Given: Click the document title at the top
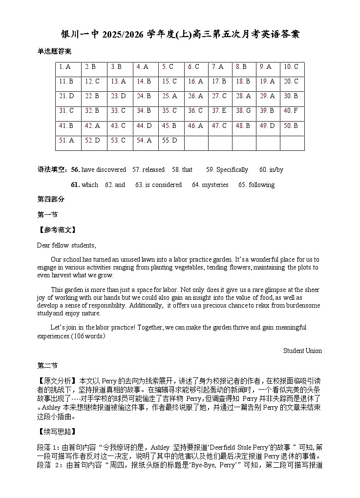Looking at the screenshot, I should pyautogui.click(x=180, y=34).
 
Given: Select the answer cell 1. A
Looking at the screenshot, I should pyautogui.click(x=65, y=67).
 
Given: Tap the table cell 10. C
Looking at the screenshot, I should pyautogui.click(x=291, y=67).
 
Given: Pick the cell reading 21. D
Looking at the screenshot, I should pyautogui.click(x=66, y=96).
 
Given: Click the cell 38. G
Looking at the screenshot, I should pyautogui.click(x=243, y=111).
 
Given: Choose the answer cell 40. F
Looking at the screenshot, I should pyautogui.click(x=291, y=111).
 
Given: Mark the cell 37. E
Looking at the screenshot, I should pyautogui.click(x=219, y=111).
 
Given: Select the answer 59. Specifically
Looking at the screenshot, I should pyautogui.click(x=227, y=170).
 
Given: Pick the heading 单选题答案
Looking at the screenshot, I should pyautogui.click(x=54, y=51).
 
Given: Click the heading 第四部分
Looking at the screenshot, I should pyautogui.click(x=51, y=200).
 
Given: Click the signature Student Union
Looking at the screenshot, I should pyautogui.click(x=302, y=351).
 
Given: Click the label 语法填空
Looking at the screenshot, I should pyautogui.click(x=52, y=170).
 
